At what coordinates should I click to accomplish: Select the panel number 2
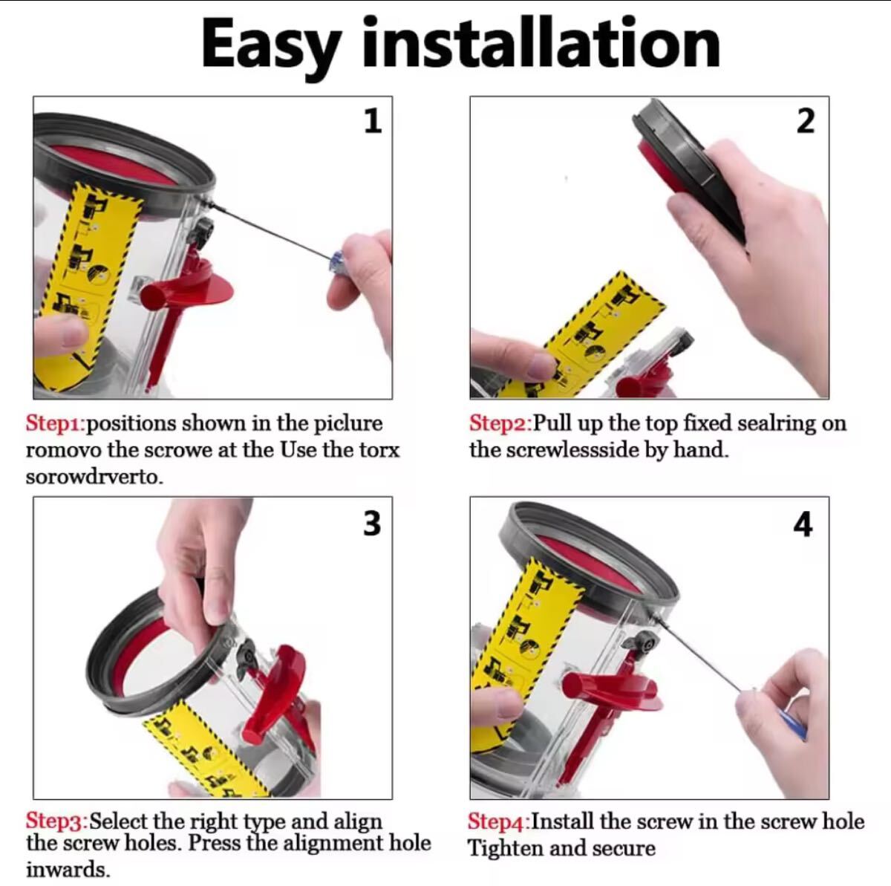[x=806, y=122]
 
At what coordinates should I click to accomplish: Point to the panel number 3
[x=372, y=524]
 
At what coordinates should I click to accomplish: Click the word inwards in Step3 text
[x=68, y=870]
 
